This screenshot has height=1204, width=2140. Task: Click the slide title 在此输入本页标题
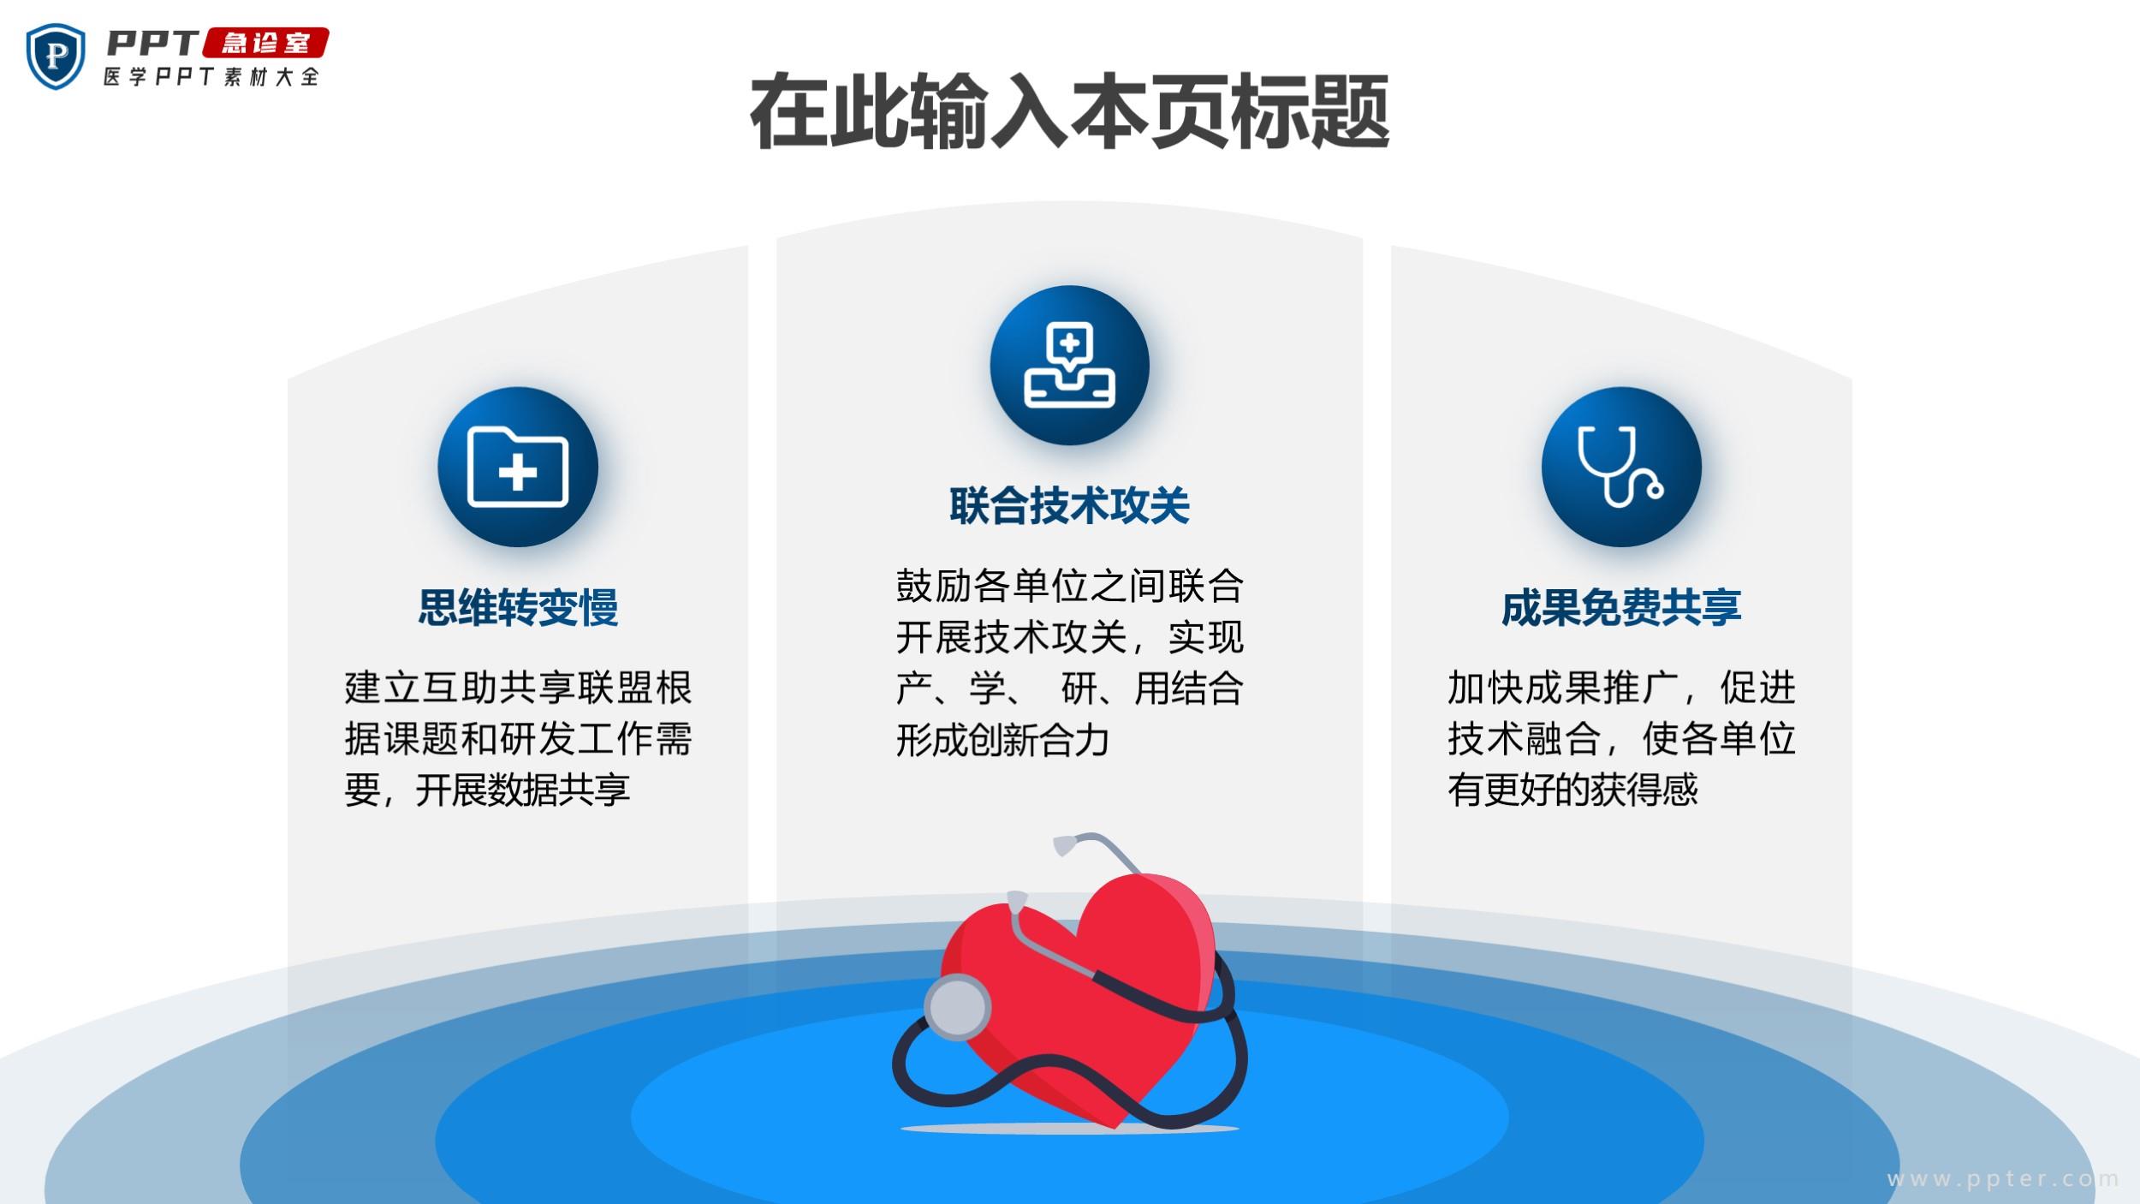click(x=1069, y=112)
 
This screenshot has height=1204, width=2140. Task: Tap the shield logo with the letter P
click(x=56, y=57)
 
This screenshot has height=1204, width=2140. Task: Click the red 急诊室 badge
click(x=265, y=43)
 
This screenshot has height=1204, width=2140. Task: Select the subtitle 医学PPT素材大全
click(x=211, y=76)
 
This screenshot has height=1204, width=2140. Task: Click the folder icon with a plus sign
click(x=518, y=467)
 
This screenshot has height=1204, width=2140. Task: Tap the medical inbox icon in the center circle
click(x=1070, y=365)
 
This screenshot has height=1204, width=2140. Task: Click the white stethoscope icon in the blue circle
click(x=1620, y=467)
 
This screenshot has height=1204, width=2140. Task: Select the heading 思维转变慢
click(x=518, y=608)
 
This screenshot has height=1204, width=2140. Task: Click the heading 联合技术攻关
click(x=1069, y=505)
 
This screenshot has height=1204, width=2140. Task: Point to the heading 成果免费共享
click(x=1621, y=608)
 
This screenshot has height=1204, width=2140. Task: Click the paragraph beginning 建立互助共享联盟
click(x=518, y=738)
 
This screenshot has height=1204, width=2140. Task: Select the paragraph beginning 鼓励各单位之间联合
click(x=1069, y=662)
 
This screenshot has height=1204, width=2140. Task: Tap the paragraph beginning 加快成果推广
click(x=1621, y=738)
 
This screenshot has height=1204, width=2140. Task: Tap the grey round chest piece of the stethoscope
click(x=958, y=1007)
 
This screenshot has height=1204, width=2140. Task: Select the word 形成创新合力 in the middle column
click(x=1002, y=740)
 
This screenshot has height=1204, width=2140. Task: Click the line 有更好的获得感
click(x=1572, y=790)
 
